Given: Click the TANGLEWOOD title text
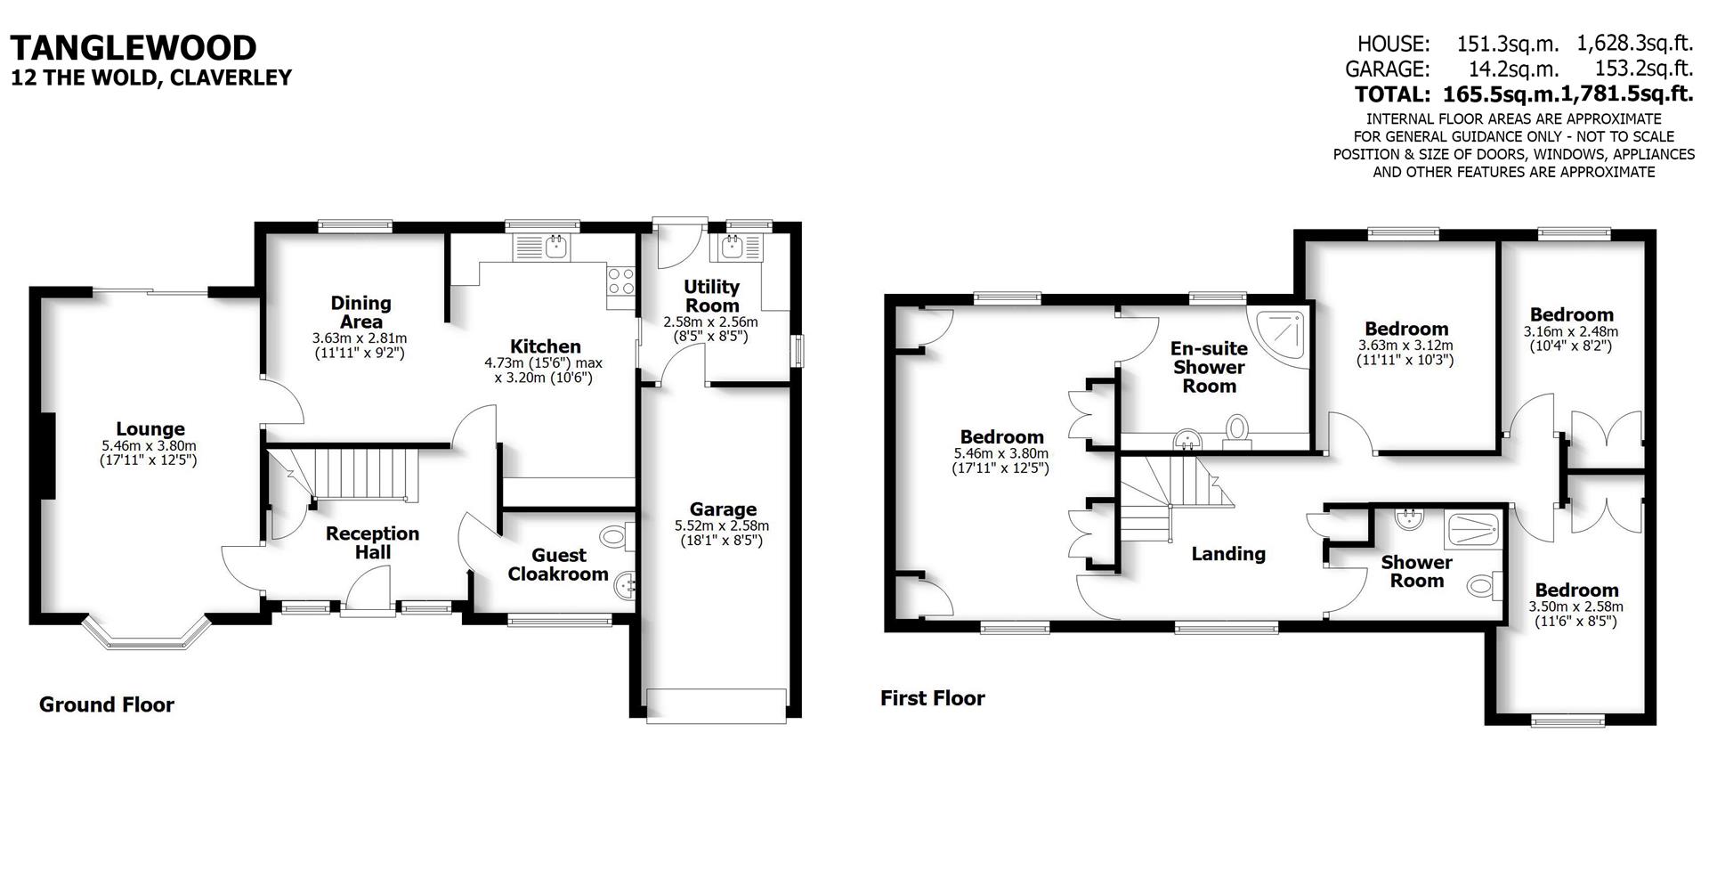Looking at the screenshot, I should (x=134, y=46).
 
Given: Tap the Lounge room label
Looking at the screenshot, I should (x=150, y=429).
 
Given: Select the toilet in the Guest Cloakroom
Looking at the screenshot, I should (x=614, y=537).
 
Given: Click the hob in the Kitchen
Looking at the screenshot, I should (x=620, y=281).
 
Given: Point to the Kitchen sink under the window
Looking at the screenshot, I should (x=555, y=248).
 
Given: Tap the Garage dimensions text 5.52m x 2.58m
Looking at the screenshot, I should (x=722, y=526).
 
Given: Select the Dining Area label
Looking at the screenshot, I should (x=360, y=313).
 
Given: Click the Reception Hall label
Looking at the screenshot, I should (x=372, y=542).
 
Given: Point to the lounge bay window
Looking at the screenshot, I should (x=147, y=634).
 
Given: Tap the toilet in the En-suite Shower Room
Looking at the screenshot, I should (x=1236, y=428).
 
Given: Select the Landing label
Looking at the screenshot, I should (x=1228, y=554).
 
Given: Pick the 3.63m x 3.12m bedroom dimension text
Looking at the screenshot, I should (x=1405, y=346).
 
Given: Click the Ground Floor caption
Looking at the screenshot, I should (x=107, y=705).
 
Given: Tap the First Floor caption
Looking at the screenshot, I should (x=932, y=698).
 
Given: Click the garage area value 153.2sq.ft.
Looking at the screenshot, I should (x=1634, y=69).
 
